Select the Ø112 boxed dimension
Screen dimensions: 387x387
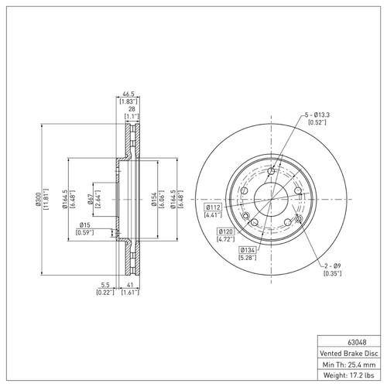[214, 207]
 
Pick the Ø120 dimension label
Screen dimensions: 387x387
[226, 231]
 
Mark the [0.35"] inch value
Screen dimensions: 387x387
[334, 273]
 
